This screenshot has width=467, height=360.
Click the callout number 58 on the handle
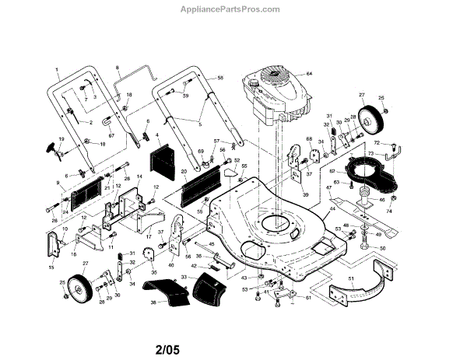click(220, 79)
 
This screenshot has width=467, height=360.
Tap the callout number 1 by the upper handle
click(57, 68)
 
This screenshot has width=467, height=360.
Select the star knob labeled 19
click(55, 147)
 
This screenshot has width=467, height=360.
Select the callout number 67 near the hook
click(111, 135)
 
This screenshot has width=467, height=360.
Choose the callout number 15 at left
click(52, 267)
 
